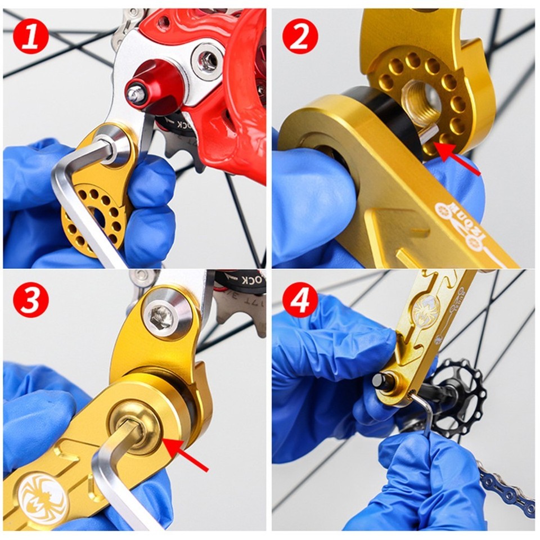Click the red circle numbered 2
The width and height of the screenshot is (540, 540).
301,35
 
